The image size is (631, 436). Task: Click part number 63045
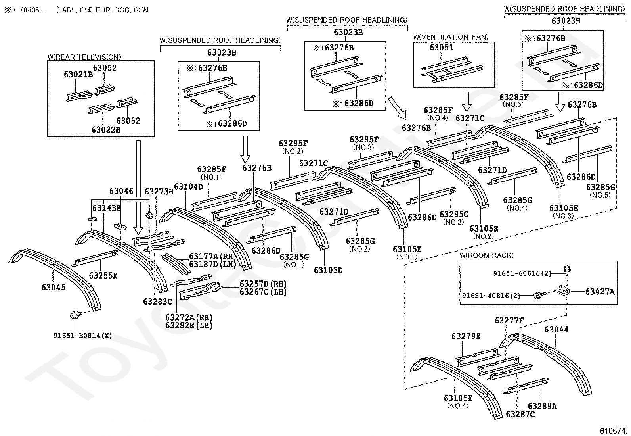pyautogui.click(x=54, y=287)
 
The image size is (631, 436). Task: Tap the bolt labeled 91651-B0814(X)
pyautogui.click(x=74, y=315)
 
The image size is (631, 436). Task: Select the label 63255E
pyautogui.click(x=103, y=275)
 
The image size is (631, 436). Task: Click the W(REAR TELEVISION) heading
pyautogui.click(x=84, y=57)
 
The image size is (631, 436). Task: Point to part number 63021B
pyautogui.click(x=78, y=74)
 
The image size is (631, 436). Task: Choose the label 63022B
pyautogui.click(x=106, y=130)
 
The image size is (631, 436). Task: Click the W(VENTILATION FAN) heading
pyautogui.click(x=451, y=37)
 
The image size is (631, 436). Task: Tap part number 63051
pyautogui.click(x=442, y=48)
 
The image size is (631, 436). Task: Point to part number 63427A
pyautogui.click(x=600, y=292)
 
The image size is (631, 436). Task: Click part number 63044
pyautogui.click(x=556, y=330)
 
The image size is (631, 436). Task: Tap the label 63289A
pyautogui.click(x=542, y=406)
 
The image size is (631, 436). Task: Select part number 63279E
pyautogui.click(x=466, y=336)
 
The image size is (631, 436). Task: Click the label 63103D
pyautogui.click(x=328, y=270)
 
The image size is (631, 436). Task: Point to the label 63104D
pyautogui.click(x=188, y=186)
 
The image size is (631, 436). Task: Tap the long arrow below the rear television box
pyautogui.click(x=138, y=186)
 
